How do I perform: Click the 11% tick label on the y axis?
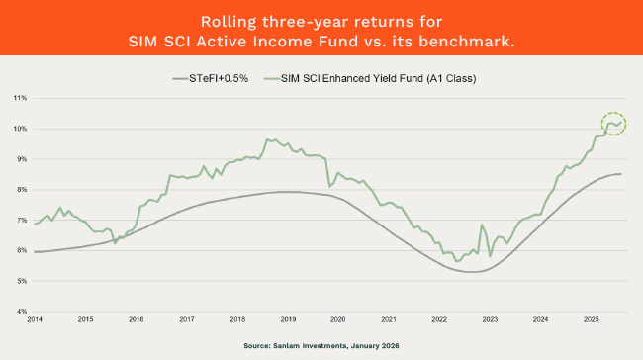click(20, 98)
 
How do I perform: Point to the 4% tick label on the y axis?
click(21, 311)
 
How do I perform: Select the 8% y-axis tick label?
click(21, 189)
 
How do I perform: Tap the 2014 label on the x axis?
click(35, 320)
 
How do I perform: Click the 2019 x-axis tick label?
click(287, 320)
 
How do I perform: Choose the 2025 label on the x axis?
click(591, 320)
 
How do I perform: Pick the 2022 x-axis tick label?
click(439, 320)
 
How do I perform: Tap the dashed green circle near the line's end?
click(613, 125)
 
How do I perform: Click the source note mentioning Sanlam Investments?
click(321, 346)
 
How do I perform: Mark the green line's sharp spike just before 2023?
click(482, 226)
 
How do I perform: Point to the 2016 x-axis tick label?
click(136, 320)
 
